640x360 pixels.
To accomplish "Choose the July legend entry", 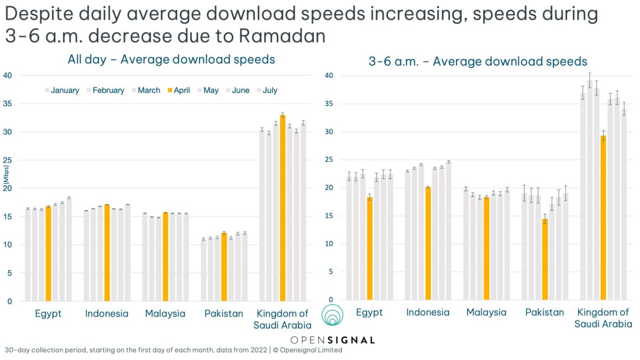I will point(265,90).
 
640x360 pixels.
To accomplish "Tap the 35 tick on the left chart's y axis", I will point(7,103).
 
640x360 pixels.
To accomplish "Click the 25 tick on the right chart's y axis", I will point(330,160).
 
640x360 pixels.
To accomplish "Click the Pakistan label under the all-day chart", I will point(223,314).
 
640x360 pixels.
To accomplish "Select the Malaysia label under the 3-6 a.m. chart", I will point(486,313).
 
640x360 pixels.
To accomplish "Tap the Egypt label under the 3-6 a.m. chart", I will point(369,313).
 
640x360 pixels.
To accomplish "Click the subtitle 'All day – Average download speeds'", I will point(171,59).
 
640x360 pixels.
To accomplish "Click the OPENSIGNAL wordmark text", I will point(333,340).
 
